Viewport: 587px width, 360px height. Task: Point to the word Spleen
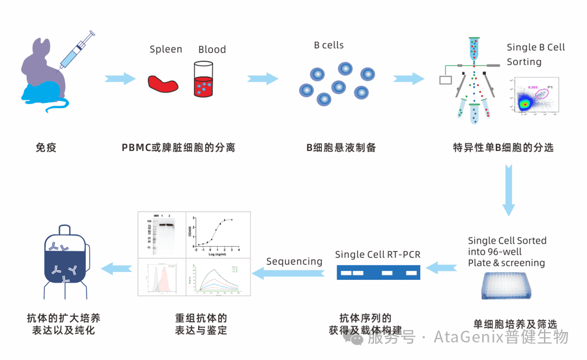tap(166, 49)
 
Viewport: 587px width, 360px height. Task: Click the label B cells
tap(328, 46)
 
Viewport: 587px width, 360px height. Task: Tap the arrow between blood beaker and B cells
tap(263, 79)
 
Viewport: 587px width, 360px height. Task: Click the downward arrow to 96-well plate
tap(509, 189)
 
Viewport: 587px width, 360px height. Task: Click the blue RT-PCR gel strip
tap(378, 272)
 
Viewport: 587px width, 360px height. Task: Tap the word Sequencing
tap(294, 261)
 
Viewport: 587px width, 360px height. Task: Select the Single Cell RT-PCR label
tap(378, 254)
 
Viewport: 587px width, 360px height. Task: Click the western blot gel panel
tap(162, 234)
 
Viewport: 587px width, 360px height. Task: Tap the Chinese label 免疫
tap(46, 148)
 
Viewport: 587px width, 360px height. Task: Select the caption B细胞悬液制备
tap(341, 147)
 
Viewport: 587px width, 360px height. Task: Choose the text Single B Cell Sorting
tap(536, 54)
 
